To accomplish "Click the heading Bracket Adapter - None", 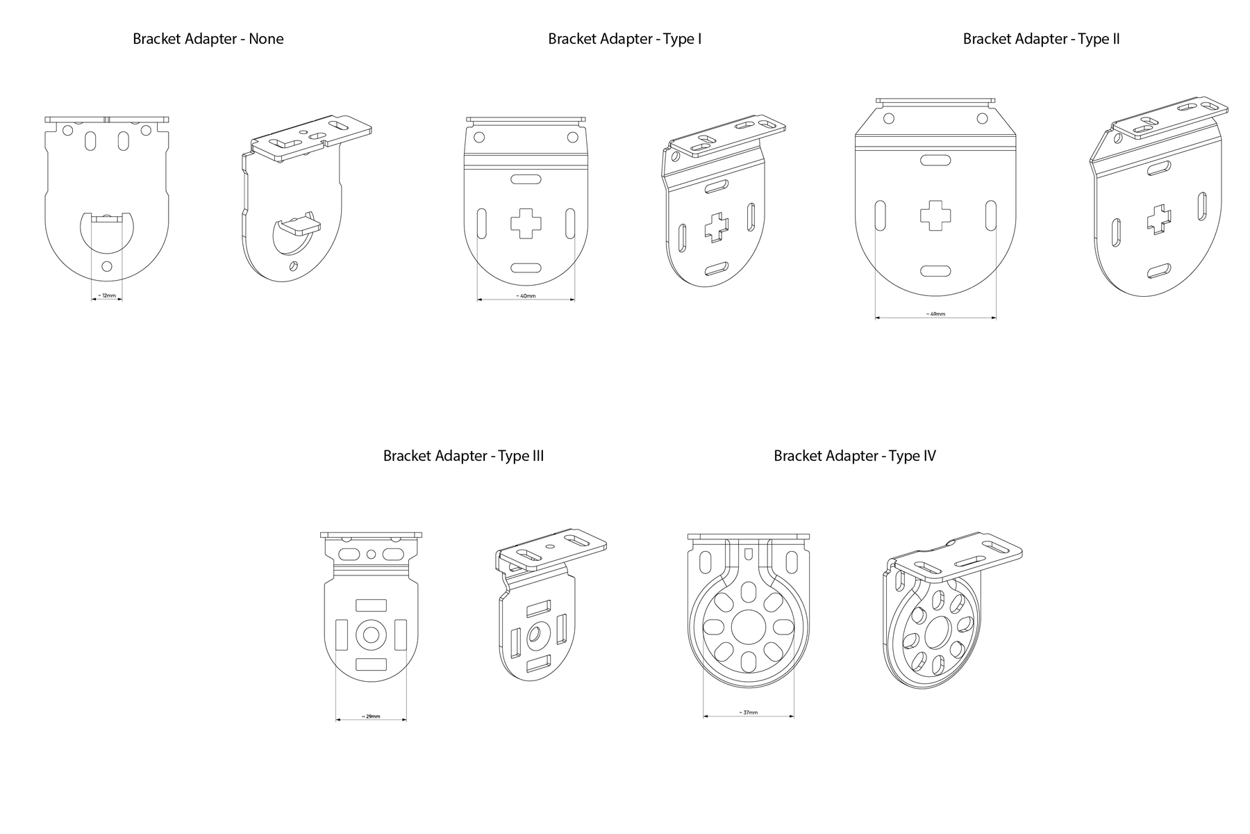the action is pyautogui.click(x=208, y=39).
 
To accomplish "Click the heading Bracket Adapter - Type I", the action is pyautogui.click(x=625, y=39).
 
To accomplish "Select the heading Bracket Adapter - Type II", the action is pyautogui.click(x=1041, y=39).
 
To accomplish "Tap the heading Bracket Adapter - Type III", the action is pyautogui.click(x=463, y=456).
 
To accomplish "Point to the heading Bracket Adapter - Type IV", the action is pyautogui.click(x=855, y=456).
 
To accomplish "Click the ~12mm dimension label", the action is pyautogui.click(x=107, y=295).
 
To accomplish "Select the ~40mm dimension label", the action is pyautogui.click(x=526, y=296).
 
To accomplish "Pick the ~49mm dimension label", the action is pyautogui.click(x=935, y=314).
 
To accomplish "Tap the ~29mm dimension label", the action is pyautogui.click(x=371, y=717).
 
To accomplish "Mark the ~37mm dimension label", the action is pyautogui.click(x=749, y=712).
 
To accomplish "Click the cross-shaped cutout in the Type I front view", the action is pyautogui.click(x=526, y=224).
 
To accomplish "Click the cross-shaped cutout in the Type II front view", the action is pyautogui.click(x=935, y=215).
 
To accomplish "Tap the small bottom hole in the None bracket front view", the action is pyautogui.click(x=106, y=266).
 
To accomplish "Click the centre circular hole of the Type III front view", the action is pyautogui.click(x=371, y=635).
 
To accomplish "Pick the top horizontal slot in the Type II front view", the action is pyautogui.click(x=935, y=161).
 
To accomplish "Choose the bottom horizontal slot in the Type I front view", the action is pyautogui.click(x=526, y=268).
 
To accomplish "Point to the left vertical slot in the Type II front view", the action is pyautogui.click(x=880, y=215).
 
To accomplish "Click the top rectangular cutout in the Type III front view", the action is pyautogui.click(x=371, y=605).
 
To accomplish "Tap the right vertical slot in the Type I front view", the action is pyautogui.click(x=570, y=224).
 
